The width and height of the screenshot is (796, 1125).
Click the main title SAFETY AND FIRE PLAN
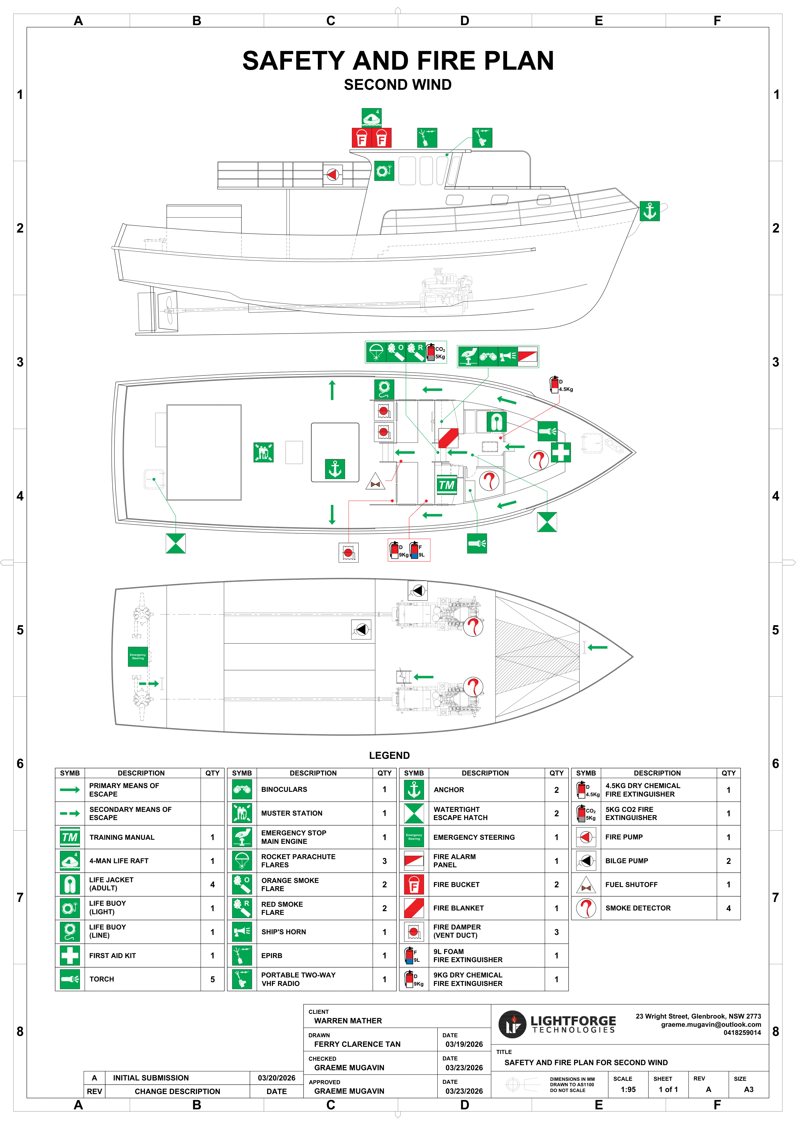[x=398, y=61]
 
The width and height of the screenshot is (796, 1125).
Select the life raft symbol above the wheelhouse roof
[x=371, y=118]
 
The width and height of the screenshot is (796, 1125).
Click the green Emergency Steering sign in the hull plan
[x=138, y=657]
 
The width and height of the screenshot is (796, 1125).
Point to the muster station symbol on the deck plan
[x=263, y=452]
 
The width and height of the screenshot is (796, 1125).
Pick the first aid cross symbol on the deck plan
[x=561, y=452]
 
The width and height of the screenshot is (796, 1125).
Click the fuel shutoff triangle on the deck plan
[x=375, y=482]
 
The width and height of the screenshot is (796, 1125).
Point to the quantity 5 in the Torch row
[x=212, y=979]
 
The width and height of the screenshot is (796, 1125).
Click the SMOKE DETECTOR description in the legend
[x=638, y=908]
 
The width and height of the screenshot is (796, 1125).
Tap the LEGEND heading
[x=389, y=755]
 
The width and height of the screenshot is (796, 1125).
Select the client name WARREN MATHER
[x=348, y=1021]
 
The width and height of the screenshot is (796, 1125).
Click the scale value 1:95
[x=628, y=1089]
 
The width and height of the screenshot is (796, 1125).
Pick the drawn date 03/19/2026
[x=464, y=1044]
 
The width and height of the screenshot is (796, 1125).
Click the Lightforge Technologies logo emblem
[x=512, y=1024]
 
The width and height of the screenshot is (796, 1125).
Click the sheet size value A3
[x=748, y=1089]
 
